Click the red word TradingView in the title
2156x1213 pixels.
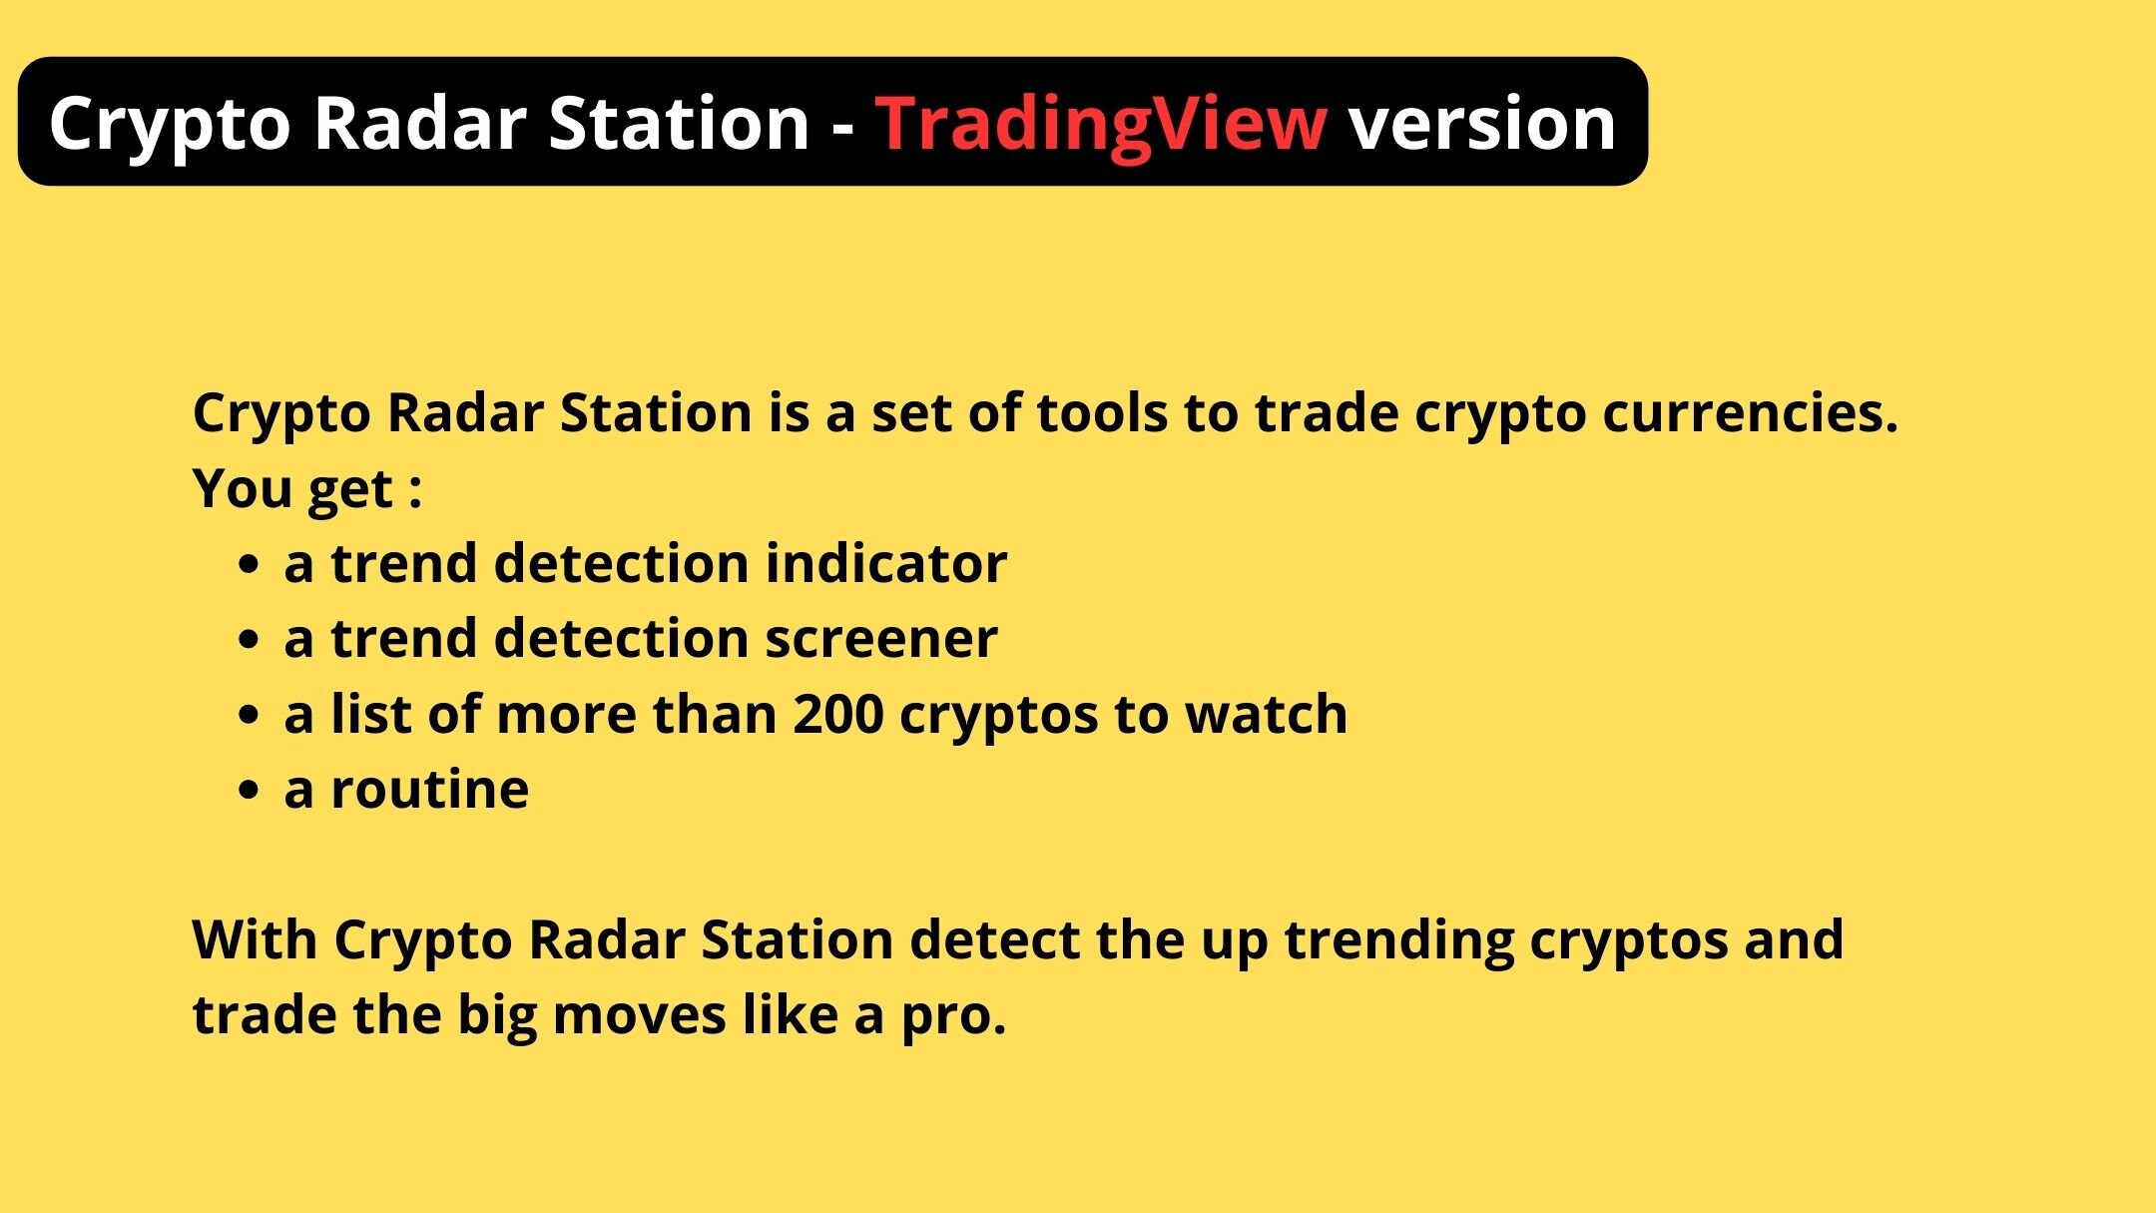(1101, 124)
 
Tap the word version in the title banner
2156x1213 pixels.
(1481, 124)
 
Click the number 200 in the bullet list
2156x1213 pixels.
(837, 715)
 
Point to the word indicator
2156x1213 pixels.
(886, 563)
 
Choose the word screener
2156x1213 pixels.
(880, 639)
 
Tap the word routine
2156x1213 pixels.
(429, 791)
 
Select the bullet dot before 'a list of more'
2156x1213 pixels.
(249, 716)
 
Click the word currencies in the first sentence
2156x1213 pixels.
(1749, 413)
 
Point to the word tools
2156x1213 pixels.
(1102, 413)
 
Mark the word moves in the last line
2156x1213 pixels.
(640, 1016)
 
